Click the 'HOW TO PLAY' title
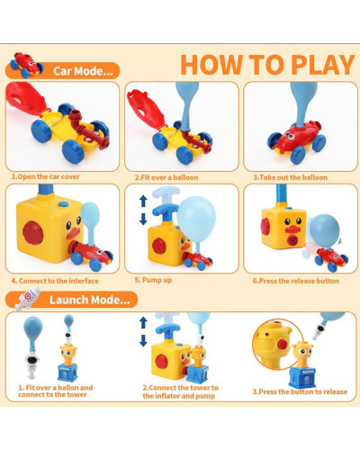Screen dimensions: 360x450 267,65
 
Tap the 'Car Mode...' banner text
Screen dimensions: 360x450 83,71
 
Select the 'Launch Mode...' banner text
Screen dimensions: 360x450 90,300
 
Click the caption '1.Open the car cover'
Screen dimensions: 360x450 46,176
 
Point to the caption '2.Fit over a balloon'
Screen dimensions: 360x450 166,177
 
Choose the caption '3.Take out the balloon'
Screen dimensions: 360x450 291,177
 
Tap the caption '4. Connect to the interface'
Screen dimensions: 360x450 55,281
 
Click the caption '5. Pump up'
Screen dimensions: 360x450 153,280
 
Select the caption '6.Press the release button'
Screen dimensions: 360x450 296,281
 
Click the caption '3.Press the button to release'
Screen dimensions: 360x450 300,391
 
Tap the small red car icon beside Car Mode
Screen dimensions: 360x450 26,65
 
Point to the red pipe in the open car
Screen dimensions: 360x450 89,130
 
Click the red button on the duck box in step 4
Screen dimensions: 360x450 33,232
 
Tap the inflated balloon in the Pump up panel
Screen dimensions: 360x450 196,220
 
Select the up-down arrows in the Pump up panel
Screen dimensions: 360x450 143,210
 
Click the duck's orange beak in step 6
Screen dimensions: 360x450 292,229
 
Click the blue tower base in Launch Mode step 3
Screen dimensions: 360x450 302,378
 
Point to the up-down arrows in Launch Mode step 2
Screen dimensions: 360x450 143,331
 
